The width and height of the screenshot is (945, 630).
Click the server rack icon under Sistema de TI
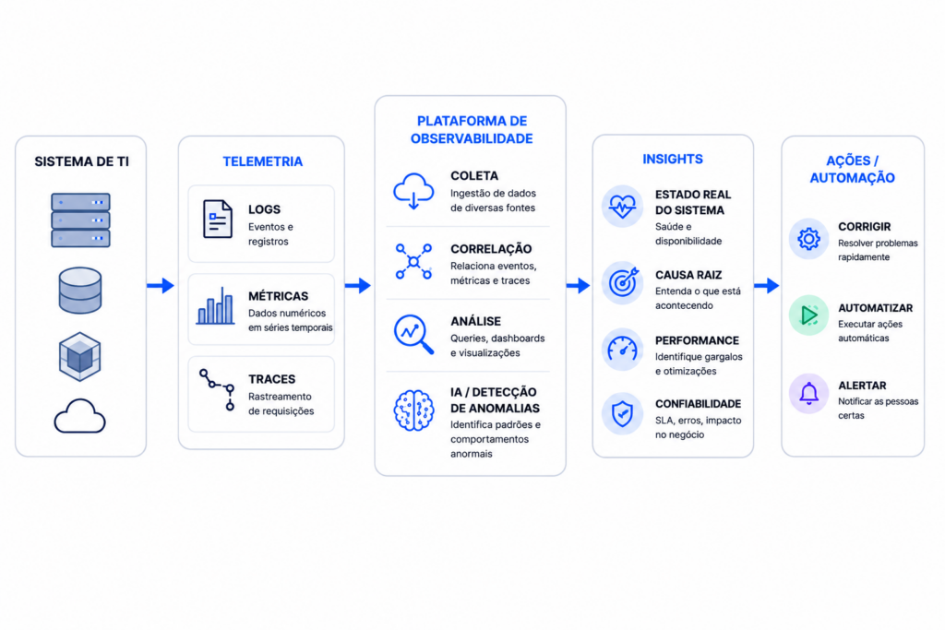(81, 220)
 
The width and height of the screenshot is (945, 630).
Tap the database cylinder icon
(80, 291)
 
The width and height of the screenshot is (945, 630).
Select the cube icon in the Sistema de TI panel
(80, 357)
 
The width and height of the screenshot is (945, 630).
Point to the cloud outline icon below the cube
(79, 416)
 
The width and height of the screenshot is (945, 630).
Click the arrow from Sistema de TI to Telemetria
(161, 286)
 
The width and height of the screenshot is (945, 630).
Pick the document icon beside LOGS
(218, 220)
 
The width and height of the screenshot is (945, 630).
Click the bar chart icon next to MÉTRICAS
(215, 306)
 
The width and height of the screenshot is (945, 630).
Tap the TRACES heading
(272, 379)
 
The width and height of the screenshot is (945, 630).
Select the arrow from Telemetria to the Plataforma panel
(358, 286)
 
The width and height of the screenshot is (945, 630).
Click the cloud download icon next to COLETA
(413, 191)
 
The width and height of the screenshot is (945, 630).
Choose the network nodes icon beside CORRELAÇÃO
(413, 261)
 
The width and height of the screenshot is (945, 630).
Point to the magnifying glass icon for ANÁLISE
(413, 334)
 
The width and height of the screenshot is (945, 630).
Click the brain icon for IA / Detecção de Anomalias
(413, 410)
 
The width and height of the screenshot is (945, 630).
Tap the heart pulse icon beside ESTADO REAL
(622, 206)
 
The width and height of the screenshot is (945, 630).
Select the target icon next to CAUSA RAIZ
(623, 282)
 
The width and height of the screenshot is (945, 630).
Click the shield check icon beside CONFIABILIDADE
(622, 414)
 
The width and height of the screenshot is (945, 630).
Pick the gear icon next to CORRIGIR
(808, 239)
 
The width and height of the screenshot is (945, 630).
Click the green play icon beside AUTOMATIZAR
(808, 315)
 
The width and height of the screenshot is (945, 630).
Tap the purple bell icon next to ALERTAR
(808, 393)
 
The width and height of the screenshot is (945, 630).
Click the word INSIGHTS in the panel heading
(673, 159)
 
